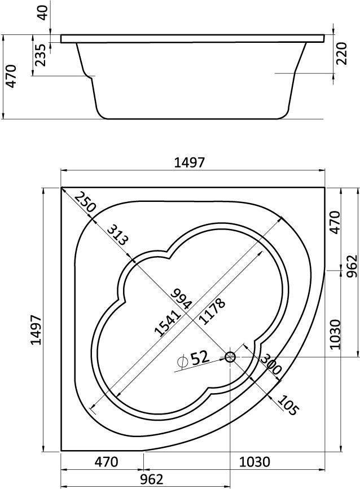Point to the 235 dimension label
click(40, 55)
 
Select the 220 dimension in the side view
click(341, 53)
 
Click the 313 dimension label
click(117, 235)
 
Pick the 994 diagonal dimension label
click(181, 299)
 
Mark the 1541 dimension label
click(168, 323)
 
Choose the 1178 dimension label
click(212, 311)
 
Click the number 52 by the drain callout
click(199, 358)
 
